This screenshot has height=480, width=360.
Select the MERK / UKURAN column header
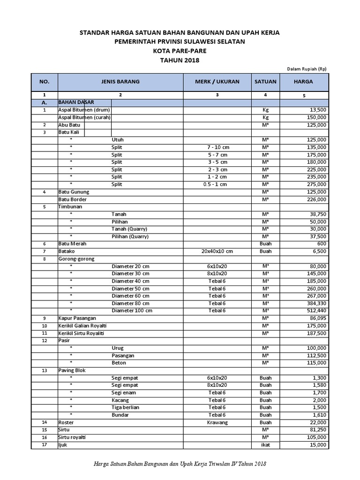217,82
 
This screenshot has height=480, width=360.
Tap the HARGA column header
303,82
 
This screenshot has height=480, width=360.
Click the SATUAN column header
265,82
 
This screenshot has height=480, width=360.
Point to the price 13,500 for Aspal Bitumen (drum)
315,110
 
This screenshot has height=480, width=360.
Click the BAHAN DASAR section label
75,102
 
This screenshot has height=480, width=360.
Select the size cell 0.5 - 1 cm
217,184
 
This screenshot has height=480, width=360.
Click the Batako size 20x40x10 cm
217,251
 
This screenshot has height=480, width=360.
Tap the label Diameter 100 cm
132,310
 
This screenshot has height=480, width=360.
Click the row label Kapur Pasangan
78,318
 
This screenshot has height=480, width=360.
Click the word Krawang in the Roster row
217,422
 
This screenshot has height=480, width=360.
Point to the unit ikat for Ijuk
265,445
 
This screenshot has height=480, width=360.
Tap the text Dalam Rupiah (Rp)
307,68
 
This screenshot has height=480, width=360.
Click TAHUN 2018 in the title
180,60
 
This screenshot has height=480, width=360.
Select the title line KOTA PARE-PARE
180,51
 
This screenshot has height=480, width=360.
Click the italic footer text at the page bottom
180,464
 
